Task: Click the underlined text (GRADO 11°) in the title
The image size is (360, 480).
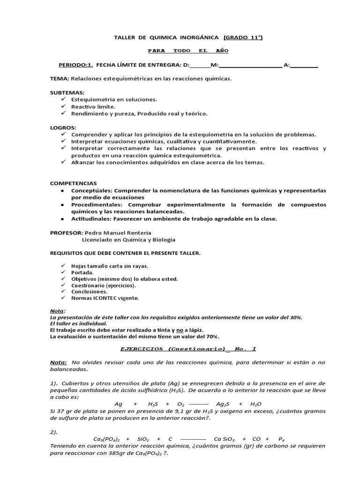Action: (x=243, y=37)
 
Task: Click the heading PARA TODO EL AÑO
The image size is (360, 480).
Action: (x=188, y=51)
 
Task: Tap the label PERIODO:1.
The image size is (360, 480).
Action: (x=76, y=65)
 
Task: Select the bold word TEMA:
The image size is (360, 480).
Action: (x=60, y=78)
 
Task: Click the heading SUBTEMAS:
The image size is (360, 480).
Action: (x=67, y=92)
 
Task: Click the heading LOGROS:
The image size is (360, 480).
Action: (x=63, y=127)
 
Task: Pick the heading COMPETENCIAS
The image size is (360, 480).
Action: (x=73, y=183)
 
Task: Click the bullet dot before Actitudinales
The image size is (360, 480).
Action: (x=63, y=218)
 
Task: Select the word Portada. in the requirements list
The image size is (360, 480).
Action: (x=82, y=272)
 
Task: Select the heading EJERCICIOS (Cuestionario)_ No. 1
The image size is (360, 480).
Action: (x=188, y=349)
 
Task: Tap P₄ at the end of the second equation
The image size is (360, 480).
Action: (x=281, y=439)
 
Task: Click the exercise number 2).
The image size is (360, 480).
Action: (x=54, y=432)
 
